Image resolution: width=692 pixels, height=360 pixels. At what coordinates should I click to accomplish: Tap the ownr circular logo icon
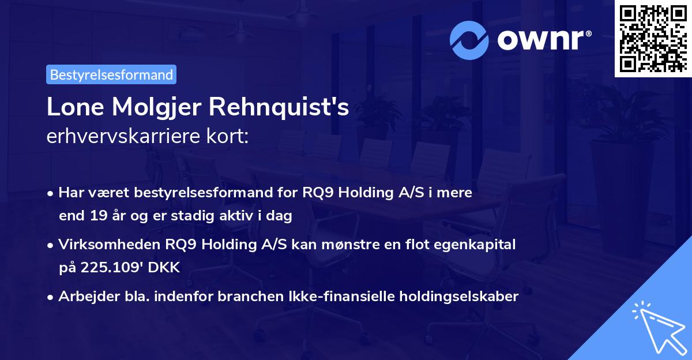click(469, 40)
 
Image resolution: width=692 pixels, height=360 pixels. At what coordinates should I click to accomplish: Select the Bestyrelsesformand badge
click(111, 74)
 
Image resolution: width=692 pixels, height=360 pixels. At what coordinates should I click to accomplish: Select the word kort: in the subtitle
click(230, 137)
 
